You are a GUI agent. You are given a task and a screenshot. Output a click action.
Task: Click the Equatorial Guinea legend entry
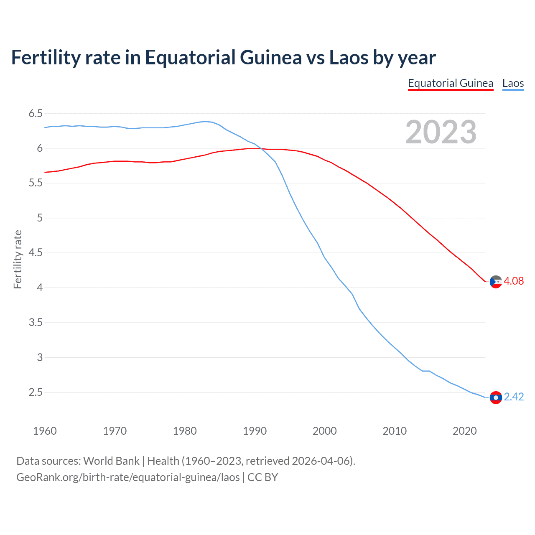pyautogui.click(x=450, y=83)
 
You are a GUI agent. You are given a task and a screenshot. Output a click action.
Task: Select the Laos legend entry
pyautogui.click(x=513, y=83)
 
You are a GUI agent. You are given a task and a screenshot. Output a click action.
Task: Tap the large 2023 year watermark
pyautogui.click(x=441, y=132)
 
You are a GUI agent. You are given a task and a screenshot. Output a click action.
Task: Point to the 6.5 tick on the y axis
pyautogui.click(x=36, y=113)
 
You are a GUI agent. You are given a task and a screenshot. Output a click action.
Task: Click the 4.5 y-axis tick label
pyautogui.click(x=36, y=253)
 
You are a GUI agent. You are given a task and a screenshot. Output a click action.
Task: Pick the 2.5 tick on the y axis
pyautogui.click(x=36, y=392)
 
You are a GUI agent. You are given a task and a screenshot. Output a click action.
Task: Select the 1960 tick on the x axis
pyautogui.click(x=45, y=431)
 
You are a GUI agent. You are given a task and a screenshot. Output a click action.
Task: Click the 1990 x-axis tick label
pyautogui.click(x=255, y=431)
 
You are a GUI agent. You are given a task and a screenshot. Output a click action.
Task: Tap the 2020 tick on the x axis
pyautogui.click(x=464, y=431)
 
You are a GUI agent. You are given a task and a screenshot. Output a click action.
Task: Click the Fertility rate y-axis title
pyautogui.click(x=18, y=259)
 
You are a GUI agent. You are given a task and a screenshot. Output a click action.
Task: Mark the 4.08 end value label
pyautogui.click(x=514, y=281)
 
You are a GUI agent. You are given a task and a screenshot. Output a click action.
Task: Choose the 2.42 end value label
pyautogui.click(x=514, y=397)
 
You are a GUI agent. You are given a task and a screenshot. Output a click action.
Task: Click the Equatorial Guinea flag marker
pyautogui.click(x=496, y=282)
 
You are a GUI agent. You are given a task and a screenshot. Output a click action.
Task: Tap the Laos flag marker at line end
pyautogui.click(x=496, y=397)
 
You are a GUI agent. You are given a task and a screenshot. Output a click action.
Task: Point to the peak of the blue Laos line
pyautogui.click(x=205, y=122)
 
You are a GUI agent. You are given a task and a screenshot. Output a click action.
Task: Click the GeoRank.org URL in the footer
pyautogui.click(x=128, y=477)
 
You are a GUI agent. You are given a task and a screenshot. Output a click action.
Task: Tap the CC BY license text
pyautogui.click(x=262, y=477)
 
